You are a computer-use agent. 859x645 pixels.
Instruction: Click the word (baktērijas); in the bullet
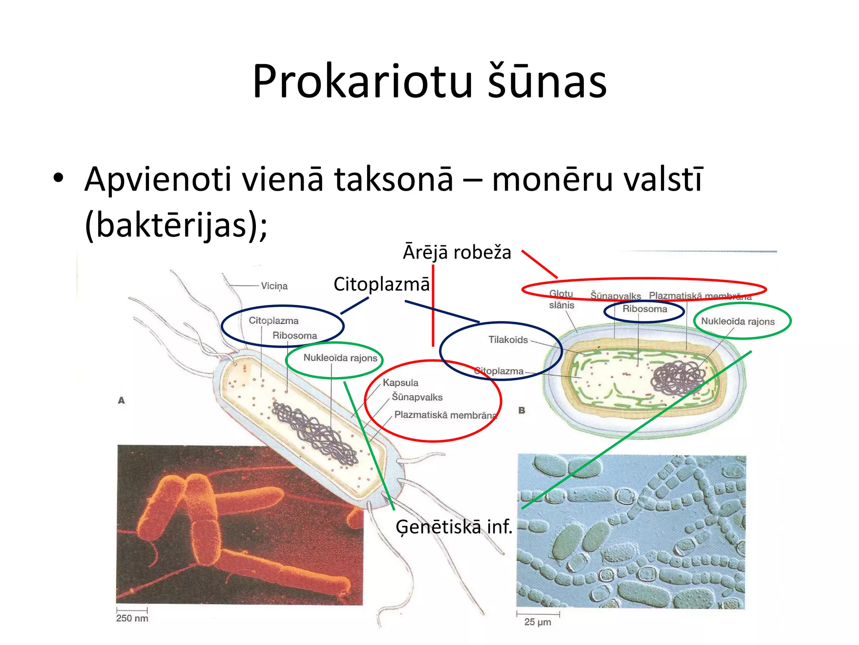[x=176, y=225]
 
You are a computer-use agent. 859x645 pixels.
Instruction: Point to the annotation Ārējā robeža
[x=457, y=253]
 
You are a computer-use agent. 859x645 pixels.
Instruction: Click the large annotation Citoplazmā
[x=381, y=284]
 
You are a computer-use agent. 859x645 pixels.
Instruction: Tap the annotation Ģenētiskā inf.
[x=454, y=527]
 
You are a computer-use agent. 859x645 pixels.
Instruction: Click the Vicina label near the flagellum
[x=274, y=286]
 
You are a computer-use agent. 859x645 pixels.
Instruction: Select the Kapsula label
[x=400, y=383]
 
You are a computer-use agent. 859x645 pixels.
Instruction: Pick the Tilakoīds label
[x=508, y=340]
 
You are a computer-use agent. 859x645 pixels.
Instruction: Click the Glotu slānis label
[x=561, y=299]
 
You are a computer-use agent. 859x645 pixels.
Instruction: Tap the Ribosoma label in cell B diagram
[x=645, y=309]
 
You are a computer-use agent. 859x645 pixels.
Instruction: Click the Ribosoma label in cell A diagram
[x=294, y=336]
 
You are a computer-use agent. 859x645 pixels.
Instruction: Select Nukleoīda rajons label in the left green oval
[x=340, y=358]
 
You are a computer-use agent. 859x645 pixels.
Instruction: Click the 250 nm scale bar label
[x=132, y=618]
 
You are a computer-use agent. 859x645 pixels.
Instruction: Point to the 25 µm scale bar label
[x=537, y=622]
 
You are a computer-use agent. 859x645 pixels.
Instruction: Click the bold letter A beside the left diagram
[x=121, y=401]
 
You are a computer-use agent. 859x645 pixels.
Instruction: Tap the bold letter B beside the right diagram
[x=522, y=410]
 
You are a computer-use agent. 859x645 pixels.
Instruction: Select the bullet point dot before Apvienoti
[x=58, y=178]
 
